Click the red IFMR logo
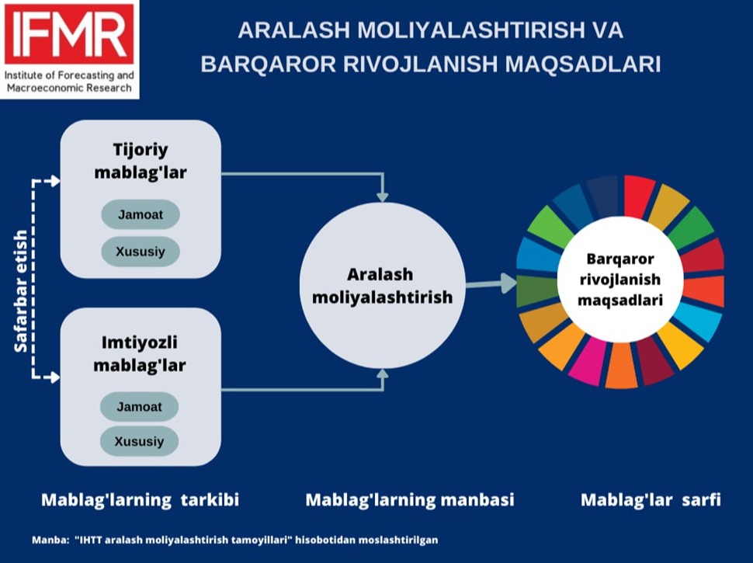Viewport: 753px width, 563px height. click(x=69, y=34)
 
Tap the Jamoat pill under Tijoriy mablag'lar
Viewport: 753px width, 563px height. click(x=141, y=214)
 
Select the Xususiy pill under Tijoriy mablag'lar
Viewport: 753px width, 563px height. click(x=141, y=252)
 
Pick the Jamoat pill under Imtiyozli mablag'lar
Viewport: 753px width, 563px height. click(x=139, y=407)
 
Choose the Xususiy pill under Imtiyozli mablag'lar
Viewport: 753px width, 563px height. click(x=139, y=441)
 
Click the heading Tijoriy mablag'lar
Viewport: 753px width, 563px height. click(x=141, y=161)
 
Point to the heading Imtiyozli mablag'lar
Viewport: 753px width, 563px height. click(x=139, y=354)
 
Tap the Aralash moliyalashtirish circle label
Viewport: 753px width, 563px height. click(x=382, y=286)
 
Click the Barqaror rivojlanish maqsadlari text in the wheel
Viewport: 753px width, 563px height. click(x=620, y=280)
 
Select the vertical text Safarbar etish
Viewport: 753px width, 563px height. click(x=21, y=291)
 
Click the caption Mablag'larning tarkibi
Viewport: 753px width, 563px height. click(x=141, y=500)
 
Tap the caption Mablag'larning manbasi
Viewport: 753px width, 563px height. click(x=410, y=500)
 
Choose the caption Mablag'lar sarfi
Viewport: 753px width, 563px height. click(x=651, y=500)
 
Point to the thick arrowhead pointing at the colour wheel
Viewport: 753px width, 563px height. click(x=508, y=283)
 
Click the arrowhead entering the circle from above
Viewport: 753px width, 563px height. click(x=382, y=196)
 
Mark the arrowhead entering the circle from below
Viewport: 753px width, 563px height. click(x=382, y=374)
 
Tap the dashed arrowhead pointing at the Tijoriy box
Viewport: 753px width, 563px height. click(x=55, y=181)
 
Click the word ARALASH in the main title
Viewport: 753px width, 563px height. click(x=294, y=30)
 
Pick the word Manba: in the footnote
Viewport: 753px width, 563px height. click(x=50, y=540)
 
